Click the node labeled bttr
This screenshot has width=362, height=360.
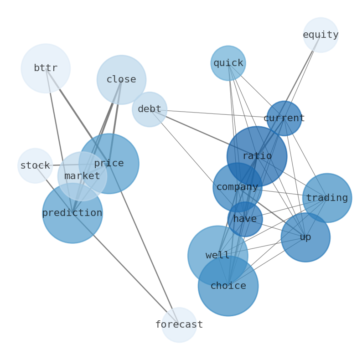point(46,68)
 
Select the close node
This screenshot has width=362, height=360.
point(121,80)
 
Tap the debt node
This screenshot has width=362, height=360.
point(150,109)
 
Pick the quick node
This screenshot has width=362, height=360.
point(228,63)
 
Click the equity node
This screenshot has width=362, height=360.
point(321,35)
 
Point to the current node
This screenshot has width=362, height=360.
point(284,118)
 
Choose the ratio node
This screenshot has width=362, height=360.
point(257,156)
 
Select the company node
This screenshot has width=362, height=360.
point(237,187)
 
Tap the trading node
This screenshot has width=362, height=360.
point(327,198)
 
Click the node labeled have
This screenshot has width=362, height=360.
point(245,219)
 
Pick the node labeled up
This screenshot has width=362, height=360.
point(305,237)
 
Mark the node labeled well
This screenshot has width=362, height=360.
point(217,256)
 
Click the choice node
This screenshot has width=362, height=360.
point(228,286)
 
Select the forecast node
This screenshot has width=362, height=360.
point(179,325)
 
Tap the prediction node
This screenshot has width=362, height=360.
point(72,213)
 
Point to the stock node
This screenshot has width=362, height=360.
point(35,166)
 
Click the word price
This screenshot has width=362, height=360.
point(109,163)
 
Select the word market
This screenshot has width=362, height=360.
point(82,176)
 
